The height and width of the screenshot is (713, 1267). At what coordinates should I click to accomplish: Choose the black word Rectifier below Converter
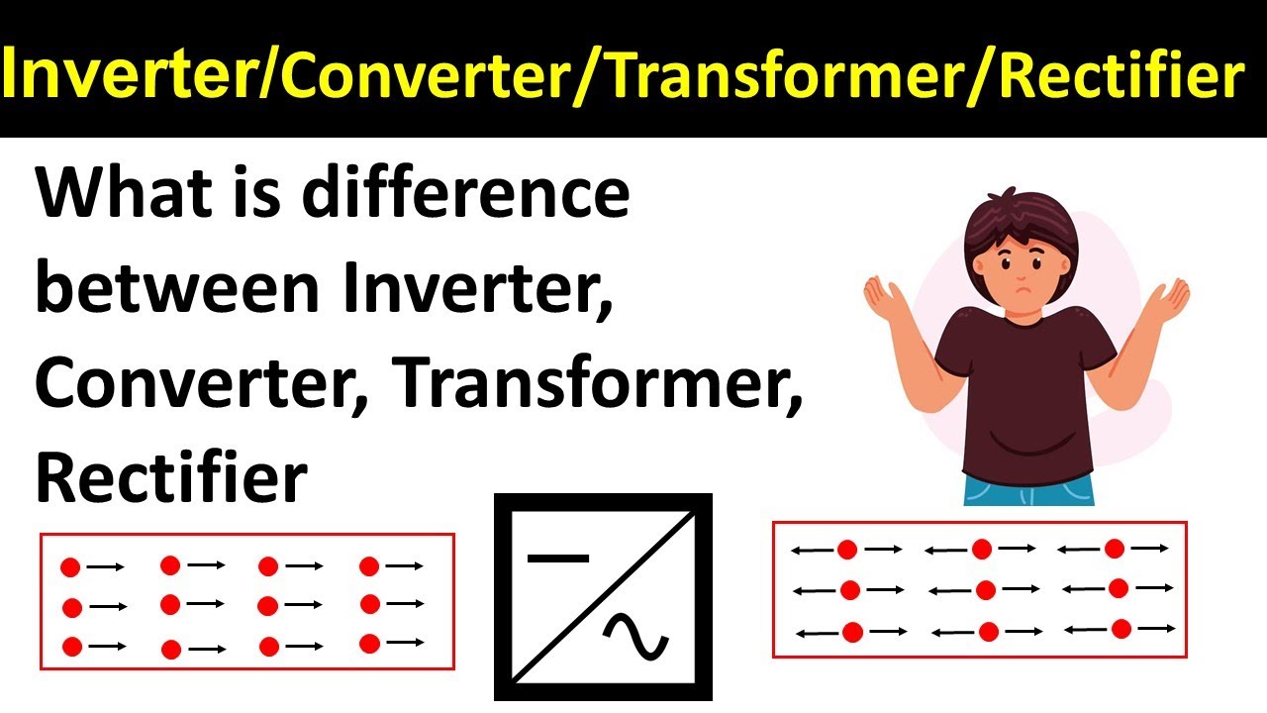tap(171, 478)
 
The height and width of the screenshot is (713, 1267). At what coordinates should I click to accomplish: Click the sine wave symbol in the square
tap(635, 637)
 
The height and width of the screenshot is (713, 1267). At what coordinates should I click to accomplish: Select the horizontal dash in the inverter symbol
tap(557, 558)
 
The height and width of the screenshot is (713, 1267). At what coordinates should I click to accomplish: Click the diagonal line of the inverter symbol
tap(604, 599)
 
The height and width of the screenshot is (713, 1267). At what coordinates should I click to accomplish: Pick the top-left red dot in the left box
tap(69, 567)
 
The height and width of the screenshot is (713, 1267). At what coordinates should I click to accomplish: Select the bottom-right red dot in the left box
tap(370, 644)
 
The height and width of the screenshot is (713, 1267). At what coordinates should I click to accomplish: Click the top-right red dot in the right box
tap(1115, 549)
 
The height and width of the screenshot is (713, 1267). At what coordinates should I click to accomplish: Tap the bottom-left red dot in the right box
tap(851, 632)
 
